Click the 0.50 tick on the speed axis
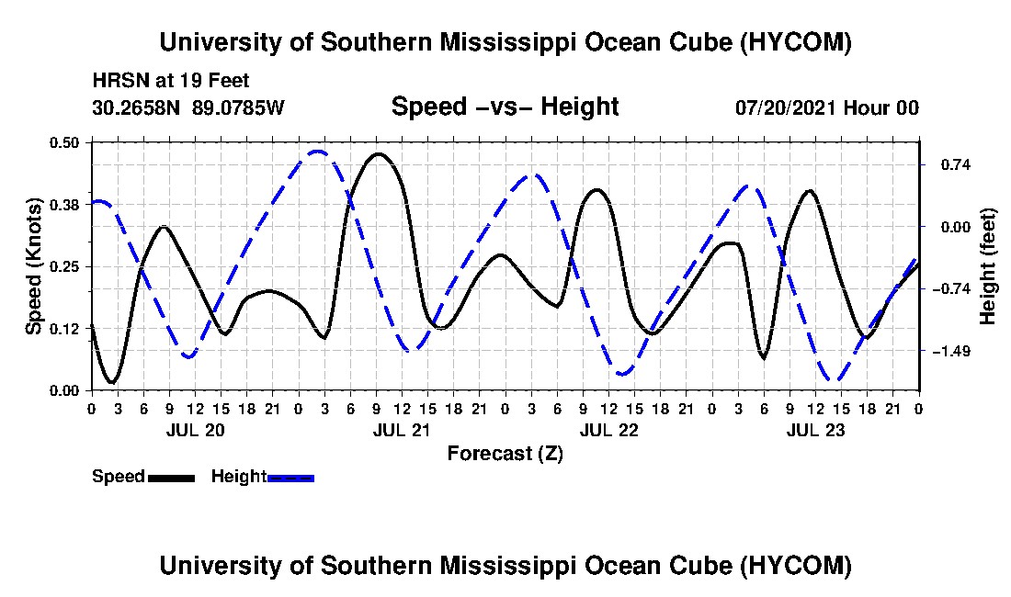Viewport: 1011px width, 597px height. point(63,142)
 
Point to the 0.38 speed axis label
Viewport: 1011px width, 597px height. point(63,205)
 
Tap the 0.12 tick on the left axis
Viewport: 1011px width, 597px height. point(63,329)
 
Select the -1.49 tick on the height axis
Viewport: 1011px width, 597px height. point(951,351)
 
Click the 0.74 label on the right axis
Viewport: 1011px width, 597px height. point(956,165)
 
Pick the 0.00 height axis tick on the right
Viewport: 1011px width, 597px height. point(956,227)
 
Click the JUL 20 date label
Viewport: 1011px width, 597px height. point(196,430)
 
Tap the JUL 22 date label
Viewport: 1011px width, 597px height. point(608,430)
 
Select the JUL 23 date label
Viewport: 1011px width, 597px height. point(815,430)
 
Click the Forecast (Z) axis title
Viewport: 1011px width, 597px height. point(505,454)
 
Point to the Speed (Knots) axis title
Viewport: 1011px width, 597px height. point(34,266)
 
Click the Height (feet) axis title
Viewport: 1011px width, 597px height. point(987,266)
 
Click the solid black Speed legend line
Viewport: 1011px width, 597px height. point(171,478)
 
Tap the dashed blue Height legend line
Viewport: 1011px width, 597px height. point(290,478)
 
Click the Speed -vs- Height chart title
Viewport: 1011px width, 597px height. point(505,107)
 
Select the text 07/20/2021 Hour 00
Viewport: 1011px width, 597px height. point(827,107)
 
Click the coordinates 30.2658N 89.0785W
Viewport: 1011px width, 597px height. point(188,107)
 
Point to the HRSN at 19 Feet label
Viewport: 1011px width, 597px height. point(171,81)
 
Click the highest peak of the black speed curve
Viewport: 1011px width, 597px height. point(378,154)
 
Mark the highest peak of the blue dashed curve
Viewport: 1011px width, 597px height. point(317,152)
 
